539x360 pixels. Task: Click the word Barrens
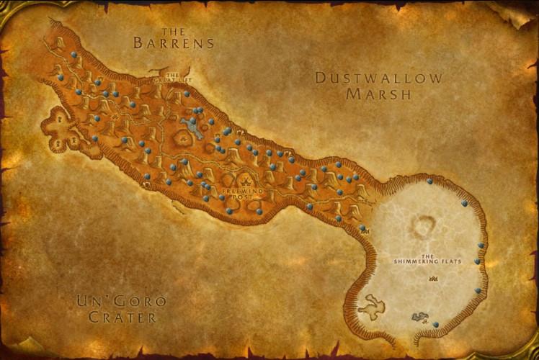click(x=174, y=43)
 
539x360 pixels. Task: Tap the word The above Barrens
click(x=174, y=31)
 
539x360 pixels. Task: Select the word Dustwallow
click(x=378, y=78)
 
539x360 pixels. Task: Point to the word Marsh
click(x=378, y=94)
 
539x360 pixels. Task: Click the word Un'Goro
click(x=122, y=301)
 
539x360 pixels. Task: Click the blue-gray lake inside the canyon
click(x=192, y=128)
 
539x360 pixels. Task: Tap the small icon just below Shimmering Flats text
click(x=432, y=279)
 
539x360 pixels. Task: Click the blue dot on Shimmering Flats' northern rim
click(x=429, y=181)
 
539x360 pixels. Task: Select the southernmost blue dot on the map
click(x=436, y=325)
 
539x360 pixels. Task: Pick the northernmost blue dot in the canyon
click(x=73, y=55)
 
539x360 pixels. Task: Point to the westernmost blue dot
click(x=61, y=77)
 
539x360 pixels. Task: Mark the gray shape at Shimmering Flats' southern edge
click(x=419, y=316)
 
